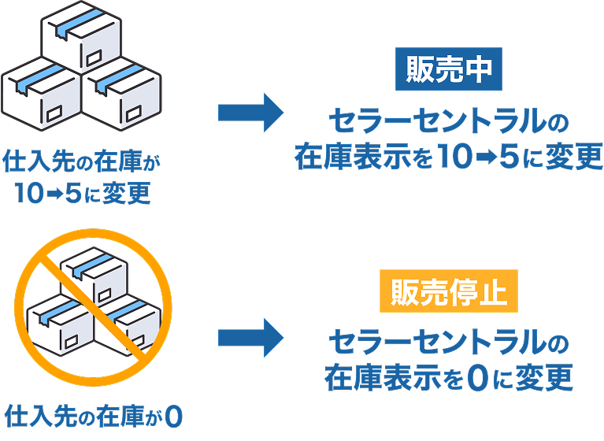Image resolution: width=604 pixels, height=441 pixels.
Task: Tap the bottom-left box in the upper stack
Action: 42,94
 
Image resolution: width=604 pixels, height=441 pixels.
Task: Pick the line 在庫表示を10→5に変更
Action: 448,157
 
